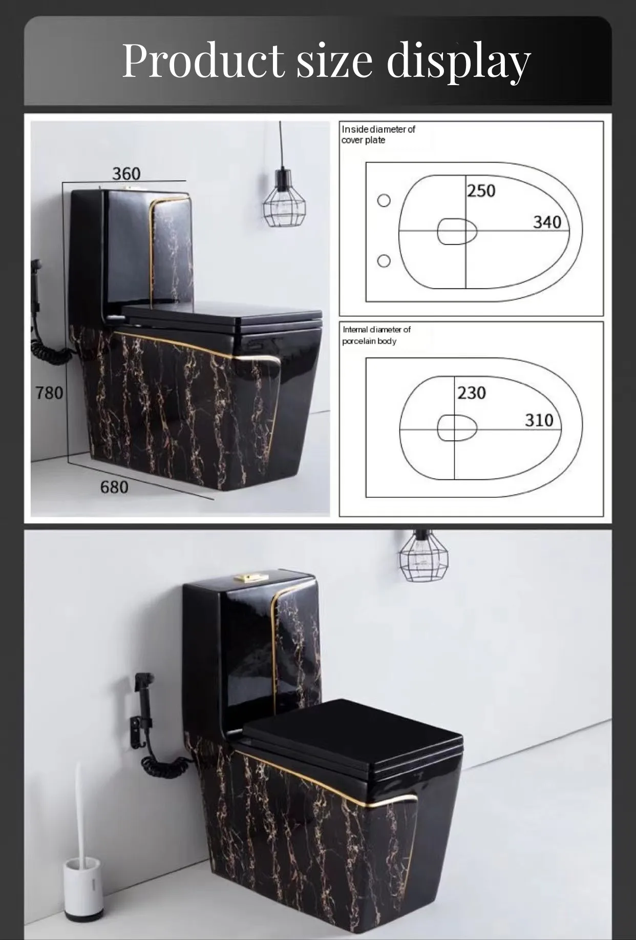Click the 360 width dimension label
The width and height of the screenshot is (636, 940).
(x=126, y=174)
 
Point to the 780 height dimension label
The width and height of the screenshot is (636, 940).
(x=49, y=393)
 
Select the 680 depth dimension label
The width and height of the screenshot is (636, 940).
(x=114, y=486)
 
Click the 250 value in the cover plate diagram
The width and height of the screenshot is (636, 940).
(x=481, y=191)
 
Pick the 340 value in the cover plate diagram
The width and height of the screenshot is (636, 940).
(x=547, y=222)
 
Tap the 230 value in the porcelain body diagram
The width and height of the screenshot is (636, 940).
(x=471, y=393)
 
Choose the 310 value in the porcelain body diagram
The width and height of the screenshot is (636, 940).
(x=539, y=420)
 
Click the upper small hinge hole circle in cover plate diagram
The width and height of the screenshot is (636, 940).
(x=384, y=200)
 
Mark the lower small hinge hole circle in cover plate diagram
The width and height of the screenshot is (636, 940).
(x=384, y=261)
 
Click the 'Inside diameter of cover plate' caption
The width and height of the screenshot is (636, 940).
(x=378, y=134)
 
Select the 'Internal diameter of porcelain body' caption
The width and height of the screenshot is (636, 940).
(x=376, y=335)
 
